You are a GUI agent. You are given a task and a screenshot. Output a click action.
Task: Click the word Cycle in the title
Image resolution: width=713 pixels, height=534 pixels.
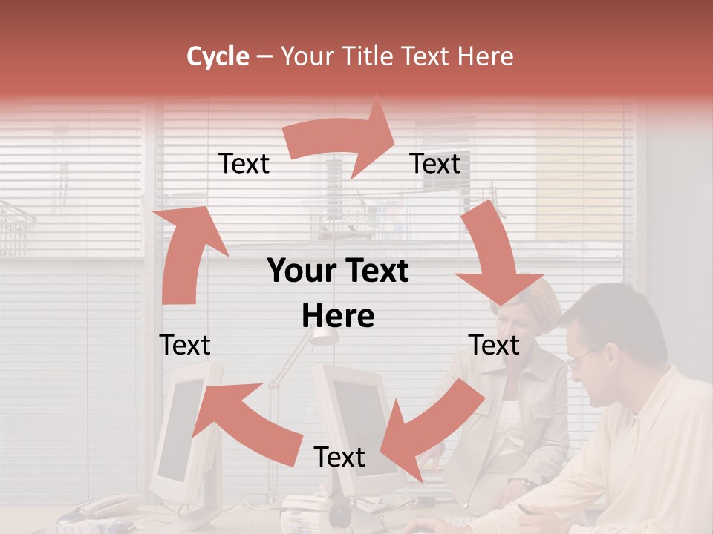tap(218, 56)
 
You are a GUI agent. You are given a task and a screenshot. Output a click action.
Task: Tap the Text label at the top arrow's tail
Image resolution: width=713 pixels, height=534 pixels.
tap(244, 164)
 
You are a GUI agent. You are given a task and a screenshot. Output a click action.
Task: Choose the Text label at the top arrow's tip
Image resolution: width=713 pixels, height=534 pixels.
tap(435, 164)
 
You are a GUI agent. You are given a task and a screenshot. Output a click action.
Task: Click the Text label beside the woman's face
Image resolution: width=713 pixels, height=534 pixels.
tap(494, 345)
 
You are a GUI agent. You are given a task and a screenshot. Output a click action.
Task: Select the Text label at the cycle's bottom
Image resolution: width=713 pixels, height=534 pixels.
tap(339, 457)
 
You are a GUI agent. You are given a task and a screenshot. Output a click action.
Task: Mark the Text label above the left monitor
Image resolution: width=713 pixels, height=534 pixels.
tap(185, 345)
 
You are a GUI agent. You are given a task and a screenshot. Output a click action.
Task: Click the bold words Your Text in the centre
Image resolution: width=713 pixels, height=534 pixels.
tap(338, 271)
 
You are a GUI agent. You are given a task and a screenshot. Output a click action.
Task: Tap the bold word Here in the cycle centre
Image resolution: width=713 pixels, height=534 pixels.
tap(338, 316)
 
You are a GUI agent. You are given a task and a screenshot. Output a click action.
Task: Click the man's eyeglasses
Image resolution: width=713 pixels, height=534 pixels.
tap(584, 358)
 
